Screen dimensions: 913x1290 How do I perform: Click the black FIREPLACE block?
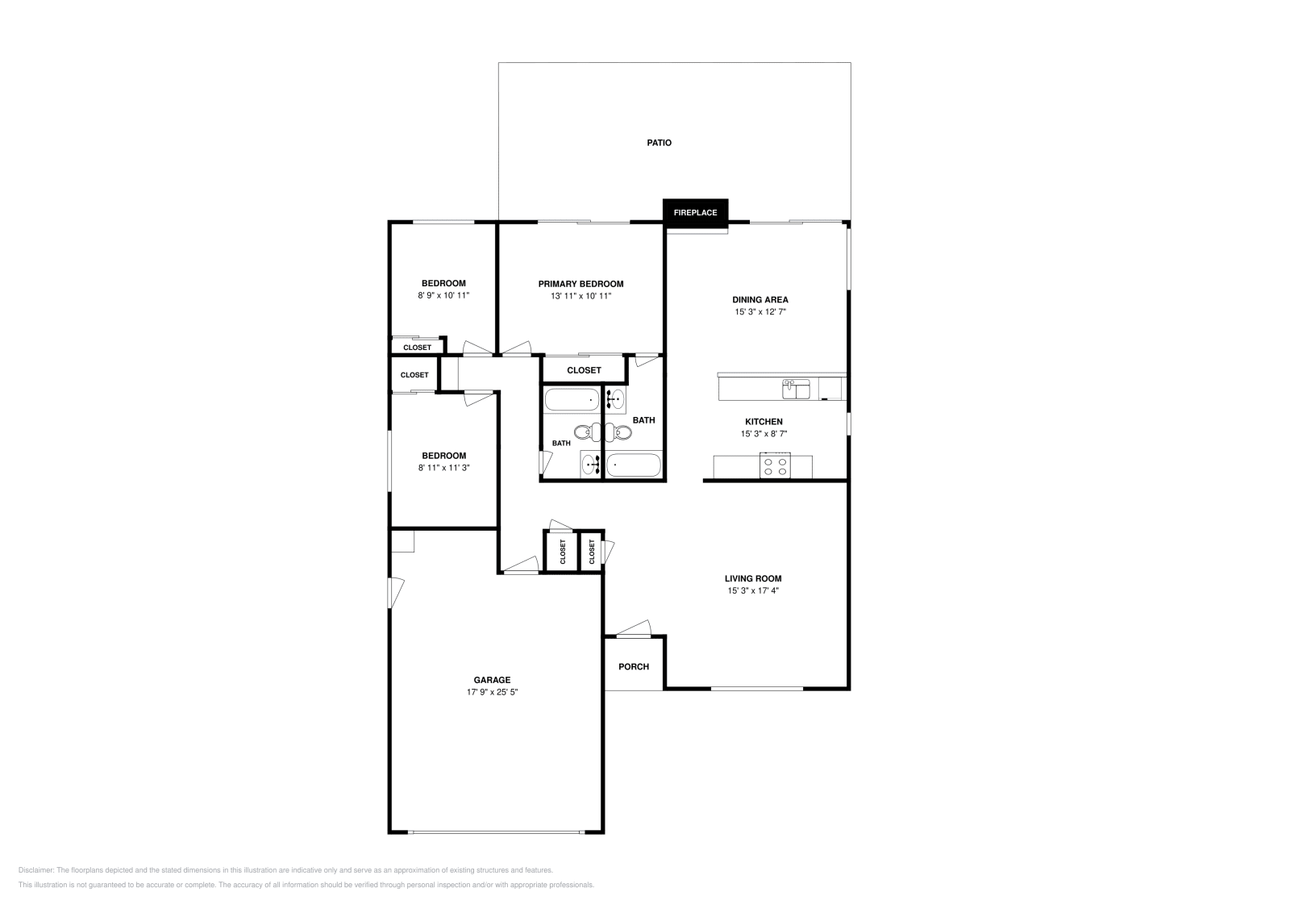[695, 212]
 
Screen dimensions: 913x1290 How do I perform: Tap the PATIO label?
[659, 143]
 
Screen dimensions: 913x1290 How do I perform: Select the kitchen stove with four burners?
[776, 465]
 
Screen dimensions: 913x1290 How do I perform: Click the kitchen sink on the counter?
[795, 390]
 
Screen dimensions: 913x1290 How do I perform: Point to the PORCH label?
[634, 666]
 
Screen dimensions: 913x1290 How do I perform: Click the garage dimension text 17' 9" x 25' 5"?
[492, 692]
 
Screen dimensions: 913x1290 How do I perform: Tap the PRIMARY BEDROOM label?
[580, 284]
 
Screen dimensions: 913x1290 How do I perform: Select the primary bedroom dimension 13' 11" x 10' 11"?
[580, 296]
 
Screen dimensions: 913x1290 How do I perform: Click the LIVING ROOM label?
[753, 578]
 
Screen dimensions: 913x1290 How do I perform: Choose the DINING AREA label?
[759, 299]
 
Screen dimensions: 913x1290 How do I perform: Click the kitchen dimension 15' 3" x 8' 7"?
[764, 434]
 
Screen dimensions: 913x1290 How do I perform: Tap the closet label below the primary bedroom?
[584, 370]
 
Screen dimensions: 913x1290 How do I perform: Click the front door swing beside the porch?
[635, 628]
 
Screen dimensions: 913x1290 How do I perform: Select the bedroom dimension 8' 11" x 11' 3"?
[443, 468]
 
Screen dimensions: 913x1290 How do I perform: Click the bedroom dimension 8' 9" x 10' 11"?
[443, 296]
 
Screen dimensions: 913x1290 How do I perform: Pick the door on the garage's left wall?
[394, 593]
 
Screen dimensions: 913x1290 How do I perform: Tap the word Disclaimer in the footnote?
[35, 870]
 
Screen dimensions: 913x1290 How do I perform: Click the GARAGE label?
[492, 680]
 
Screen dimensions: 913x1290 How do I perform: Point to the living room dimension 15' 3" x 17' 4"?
[753, 590]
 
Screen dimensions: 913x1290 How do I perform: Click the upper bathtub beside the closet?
[572, 399]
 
